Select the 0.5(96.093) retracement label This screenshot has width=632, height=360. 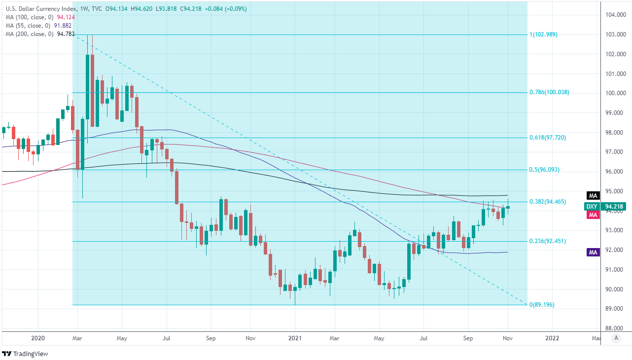coord(545,169)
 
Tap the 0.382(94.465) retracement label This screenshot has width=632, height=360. coord(547,202)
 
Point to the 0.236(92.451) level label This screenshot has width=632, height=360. coord(547,241)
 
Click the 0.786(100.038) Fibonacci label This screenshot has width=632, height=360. coord(549,92)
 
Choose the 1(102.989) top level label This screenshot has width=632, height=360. coord(543,35)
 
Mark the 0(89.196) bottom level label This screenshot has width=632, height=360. coord(542,305)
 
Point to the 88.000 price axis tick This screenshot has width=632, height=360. coord(615,328)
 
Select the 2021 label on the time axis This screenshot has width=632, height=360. coord(295,338)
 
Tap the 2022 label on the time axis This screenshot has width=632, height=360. coord(552,338)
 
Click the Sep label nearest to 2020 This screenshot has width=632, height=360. coord(211,338)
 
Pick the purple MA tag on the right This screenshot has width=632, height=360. coord(593,252)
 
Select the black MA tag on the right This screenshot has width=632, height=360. coord(593,195)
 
